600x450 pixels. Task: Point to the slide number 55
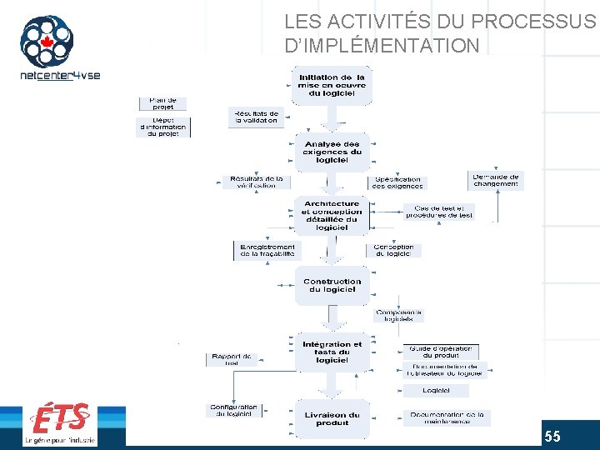552,437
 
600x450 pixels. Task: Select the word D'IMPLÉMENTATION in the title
382,45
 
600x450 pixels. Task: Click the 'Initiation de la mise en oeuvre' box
332,85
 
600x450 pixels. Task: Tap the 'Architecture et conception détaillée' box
332,215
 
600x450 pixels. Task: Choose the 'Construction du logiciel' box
332,285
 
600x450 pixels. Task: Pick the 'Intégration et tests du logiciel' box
332,352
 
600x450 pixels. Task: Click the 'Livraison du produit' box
332,418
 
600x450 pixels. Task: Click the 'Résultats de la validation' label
256,117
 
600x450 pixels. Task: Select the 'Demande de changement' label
496,180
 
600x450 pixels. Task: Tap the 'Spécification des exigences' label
397,182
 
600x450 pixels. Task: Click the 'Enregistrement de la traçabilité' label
267,250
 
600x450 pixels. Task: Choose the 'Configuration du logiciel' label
234,411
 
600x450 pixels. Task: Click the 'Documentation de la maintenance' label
447,417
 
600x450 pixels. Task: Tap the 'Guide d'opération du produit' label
441,352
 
